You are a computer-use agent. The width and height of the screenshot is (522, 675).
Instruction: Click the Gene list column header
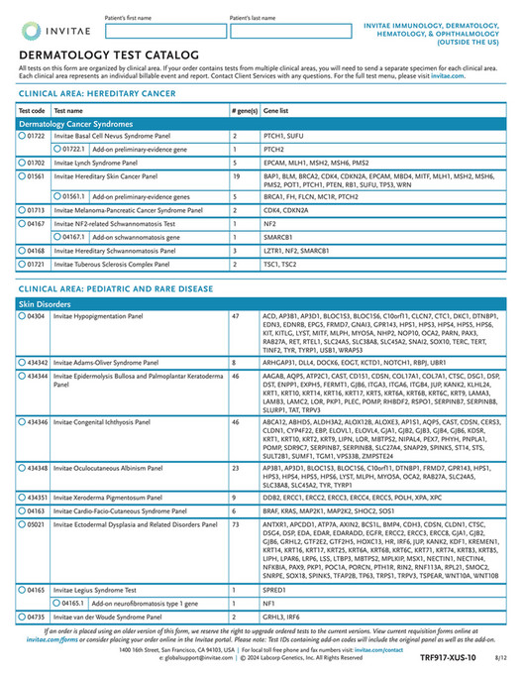point(276,110)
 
